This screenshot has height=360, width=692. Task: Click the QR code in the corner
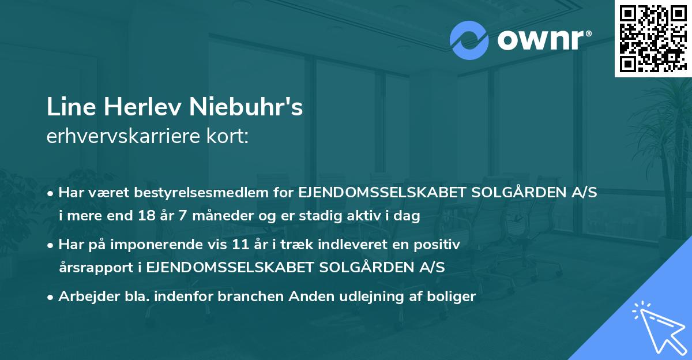click(653, 38)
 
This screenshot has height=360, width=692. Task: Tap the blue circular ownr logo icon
click(469, 40)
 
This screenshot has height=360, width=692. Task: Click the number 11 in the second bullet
click(237, 245)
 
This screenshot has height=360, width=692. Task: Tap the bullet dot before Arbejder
click(51, 297)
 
